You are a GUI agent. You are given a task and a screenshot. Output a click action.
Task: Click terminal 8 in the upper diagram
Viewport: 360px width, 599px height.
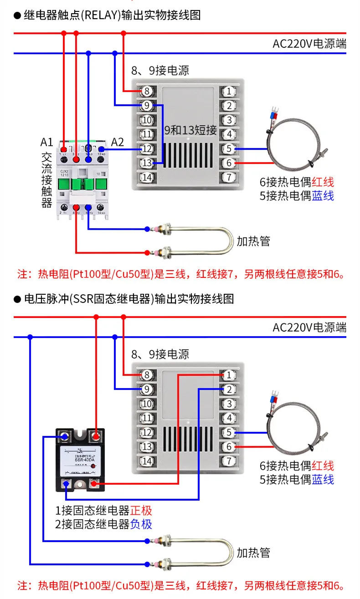146,91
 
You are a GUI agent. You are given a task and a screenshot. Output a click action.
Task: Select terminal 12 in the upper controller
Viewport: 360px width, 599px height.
146,148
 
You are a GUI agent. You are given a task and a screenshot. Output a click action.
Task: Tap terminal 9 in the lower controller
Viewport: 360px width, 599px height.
146,389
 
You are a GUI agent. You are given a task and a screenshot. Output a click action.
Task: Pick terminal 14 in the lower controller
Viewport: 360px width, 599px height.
146,461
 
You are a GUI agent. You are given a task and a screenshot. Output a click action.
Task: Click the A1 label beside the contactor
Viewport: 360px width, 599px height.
47,142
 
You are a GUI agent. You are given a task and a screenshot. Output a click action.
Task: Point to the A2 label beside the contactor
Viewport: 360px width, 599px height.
118,142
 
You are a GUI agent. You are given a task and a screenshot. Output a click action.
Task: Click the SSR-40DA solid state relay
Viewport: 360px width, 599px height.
80,460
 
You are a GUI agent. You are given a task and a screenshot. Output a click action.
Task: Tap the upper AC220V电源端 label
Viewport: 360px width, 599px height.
309,44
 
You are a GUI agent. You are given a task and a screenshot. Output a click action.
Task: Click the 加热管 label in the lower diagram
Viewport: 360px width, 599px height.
253,553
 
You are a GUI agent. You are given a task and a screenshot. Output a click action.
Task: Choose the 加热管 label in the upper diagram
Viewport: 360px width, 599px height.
253,241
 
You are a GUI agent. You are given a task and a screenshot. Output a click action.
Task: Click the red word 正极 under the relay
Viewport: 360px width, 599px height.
141,510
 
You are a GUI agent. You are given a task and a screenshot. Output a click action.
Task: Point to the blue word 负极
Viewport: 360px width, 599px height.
141,524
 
